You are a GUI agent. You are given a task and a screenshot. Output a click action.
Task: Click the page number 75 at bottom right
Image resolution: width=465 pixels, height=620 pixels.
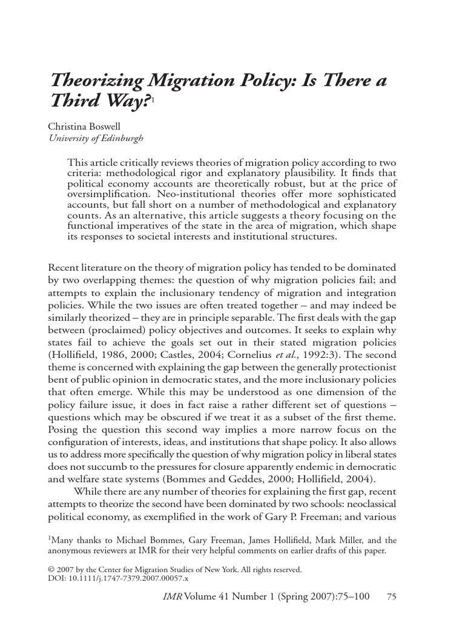tap(391, 597)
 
